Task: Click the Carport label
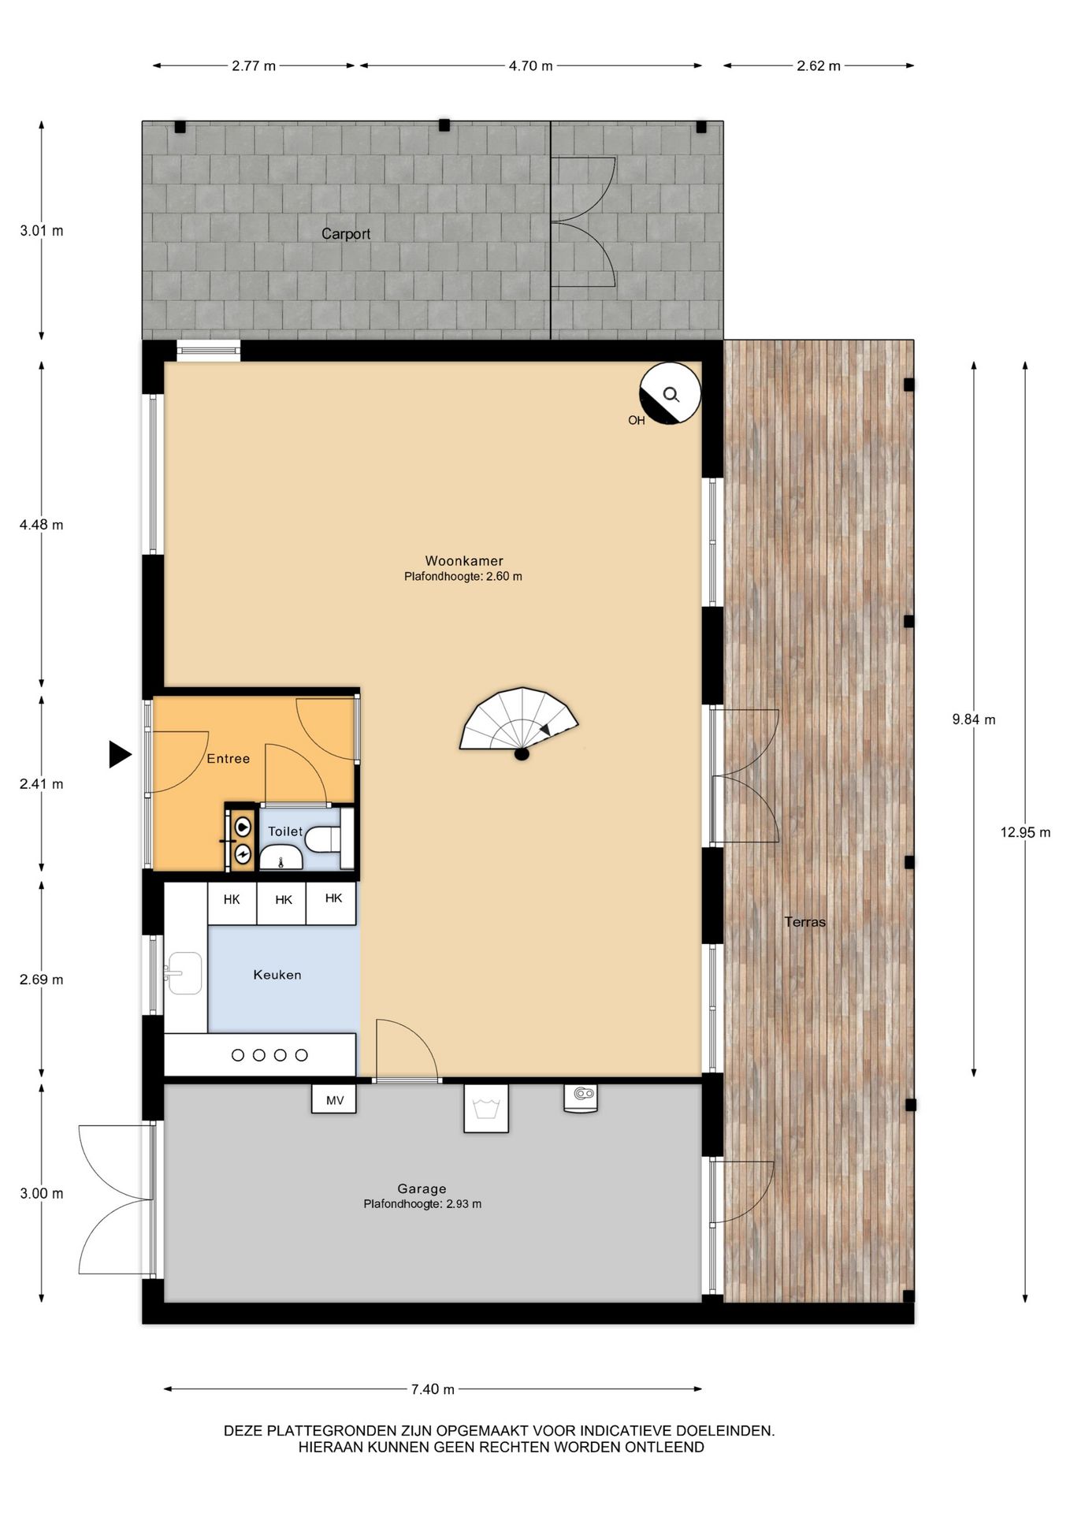346,234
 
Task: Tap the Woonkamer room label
464,561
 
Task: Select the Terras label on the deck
805,922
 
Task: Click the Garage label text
422,1189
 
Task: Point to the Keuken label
277,975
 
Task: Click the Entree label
228,759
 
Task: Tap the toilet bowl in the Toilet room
323,839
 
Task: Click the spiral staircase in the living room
518,721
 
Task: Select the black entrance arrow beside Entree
120,754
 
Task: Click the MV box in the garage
334,1099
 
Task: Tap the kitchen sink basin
184,973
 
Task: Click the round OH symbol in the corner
670,393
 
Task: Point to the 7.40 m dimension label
433,1389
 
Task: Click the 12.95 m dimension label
1025,832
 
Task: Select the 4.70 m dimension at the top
530,66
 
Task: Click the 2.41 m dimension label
42,784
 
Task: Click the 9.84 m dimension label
974,719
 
